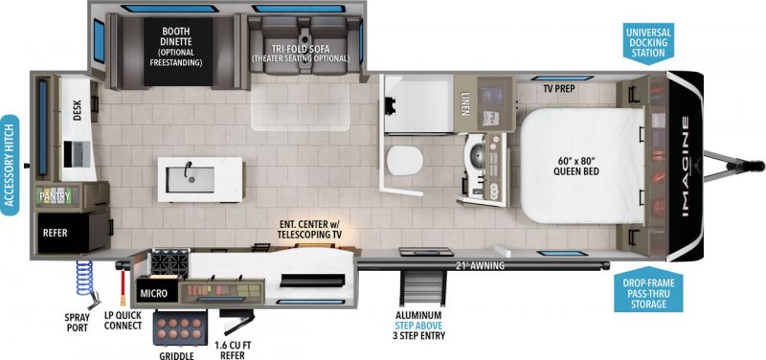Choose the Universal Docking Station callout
pyautogui.click(x=648, y=43)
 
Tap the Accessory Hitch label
pyautogui.click(x=11, y=165)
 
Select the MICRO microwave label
pyautogui.click(x=155, y=291)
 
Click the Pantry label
pyautogui.click(x=55, y=195)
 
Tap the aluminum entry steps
pyautogui.click(x=418, y=286)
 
